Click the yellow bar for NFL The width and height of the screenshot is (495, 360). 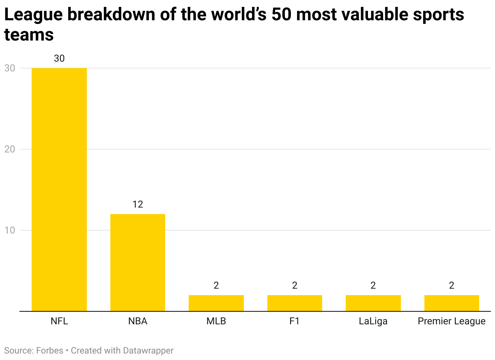pyautogui.click(x=59, y=189)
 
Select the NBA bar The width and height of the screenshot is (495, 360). pyautogui.click(x=138, y=262)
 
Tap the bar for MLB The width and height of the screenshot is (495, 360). pyautogui.click(x=216, y=303)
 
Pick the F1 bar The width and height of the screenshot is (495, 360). pyautogui.click(x=295, y=303)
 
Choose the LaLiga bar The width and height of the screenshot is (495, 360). pyautogui.click(x=373, y=303)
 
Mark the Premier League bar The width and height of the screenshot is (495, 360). pyautogui.click(x=452, y=303)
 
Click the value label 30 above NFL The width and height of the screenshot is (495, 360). pyautogui.click(x=59, y=58)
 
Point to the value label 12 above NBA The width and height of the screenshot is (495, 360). pyautogui.click(x=138, y=204)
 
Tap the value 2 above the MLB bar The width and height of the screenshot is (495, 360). pyautogui.click(x=216, y=285)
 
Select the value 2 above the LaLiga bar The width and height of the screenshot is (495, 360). pyautogui.click(x=373, y=285)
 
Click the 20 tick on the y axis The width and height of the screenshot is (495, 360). pyautogui.click(x=10, y=149)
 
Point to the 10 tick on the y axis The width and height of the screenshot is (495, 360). pyautogui.click(x=10, y=230)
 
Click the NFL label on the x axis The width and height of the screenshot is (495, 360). pyautogui.click(x=59, y=321)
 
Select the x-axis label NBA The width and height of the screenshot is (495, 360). pyautogui.click(x=138, y=321)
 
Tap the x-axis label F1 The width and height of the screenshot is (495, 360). pyautogui.click(x=295, y=321)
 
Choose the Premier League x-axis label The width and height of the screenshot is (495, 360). pyautogui.click(x=452, y=321)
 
